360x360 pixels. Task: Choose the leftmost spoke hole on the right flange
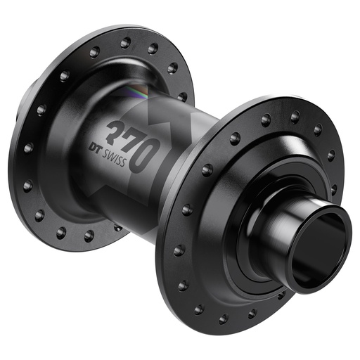point(174,249)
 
